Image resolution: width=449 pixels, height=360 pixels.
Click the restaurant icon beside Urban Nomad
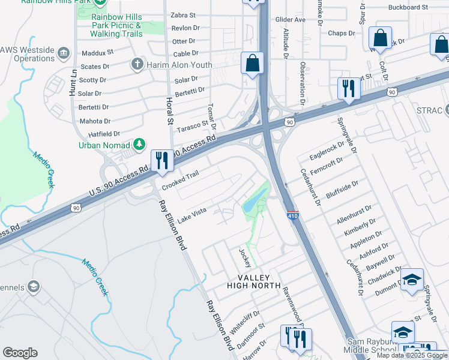click(x=161, y=161)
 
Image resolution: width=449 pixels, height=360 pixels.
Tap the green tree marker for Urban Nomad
click(x=139, y=144)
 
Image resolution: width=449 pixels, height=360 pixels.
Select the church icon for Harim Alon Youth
click(x=137, y=64)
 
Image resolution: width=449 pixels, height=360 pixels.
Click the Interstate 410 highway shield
click(x=293, y=214)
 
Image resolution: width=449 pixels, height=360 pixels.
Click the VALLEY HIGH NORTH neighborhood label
click(x=253, y=281)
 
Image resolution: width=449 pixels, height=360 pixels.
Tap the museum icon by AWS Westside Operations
click(x=62, y=54)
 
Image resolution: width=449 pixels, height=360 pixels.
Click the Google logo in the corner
click(x=20, y=352)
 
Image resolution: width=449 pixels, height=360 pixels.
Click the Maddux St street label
click(x=97, y=53)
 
